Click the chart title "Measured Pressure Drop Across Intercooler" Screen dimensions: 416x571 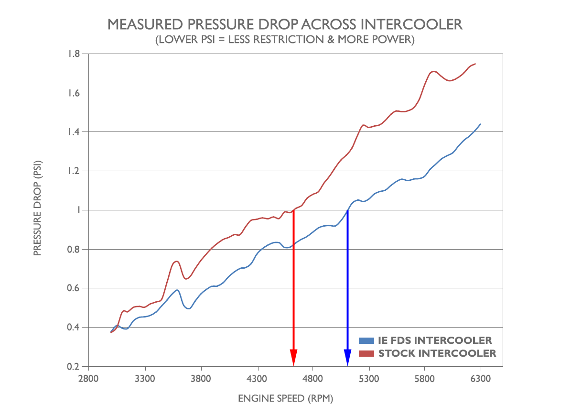[285, 24]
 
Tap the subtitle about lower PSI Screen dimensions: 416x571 [285, 40]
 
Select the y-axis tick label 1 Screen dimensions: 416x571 [78, 210]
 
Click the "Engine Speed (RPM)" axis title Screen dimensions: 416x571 [285, 398]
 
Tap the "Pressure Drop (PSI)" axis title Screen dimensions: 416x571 [37, 210]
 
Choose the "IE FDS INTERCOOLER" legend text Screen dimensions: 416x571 [435, 340]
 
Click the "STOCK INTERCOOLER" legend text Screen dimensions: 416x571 [437, 353]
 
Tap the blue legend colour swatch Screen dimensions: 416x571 [366, 340]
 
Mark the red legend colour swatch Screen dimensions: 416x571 [366, 353]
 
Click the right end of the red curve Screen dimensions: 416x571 [475, 64]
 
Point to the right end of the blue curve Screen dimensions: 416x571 [480, 124]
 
